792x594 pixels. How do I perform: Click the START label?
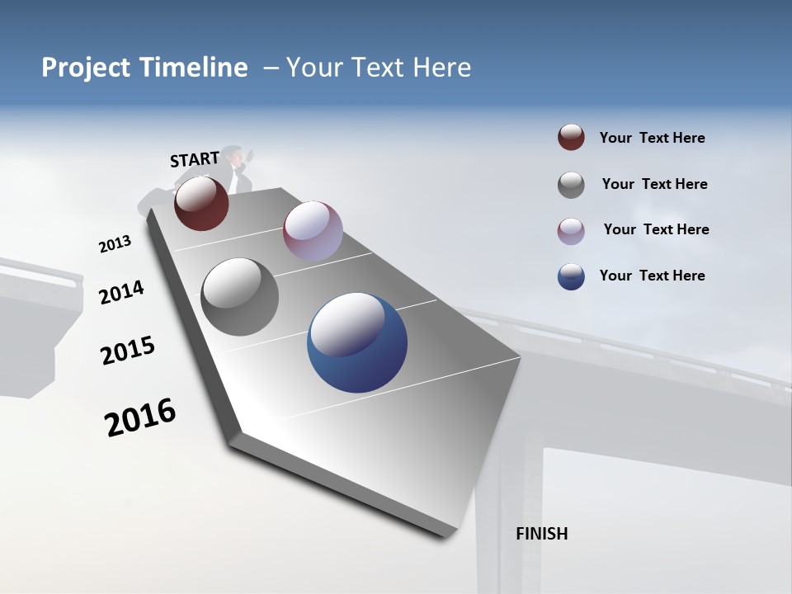pos(195,159)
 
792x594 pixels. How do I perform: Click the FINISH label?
pos(541,534)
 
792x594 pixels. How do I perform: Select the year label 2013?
pos(115,244)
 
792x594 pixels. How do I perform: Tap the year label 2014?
pos(121,293)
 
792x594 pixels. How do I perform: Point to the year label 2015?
pos(128,351)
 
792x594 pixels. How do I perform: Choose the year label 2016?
pos(140,417)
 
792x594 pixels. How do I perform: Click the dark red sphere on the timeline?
pos(201,203)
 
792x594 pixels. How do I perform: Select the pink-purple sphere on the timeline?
pos(313,231)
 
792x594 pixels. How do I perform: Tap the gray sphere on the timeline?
pos(239,297)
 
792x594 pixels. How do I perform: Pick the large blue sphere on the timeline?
pos(357,342)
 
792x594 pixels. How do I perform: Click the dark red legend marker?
pos(571,138)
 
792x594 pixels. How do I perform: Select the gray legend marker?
pos(571,185)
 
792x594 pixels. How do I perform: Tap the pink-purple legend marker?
pos(571,231)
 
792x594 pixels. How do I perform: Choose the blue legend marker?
pos(571,276)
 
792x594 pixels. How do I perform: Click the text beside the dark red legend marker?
pos(652,138)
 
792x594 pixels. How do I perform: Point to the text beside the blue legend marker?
pos(652,276)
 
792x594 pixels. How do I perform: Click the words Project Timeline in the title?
pos(144,68)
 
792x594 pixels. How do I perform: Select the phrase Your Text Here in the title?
pos(379,68)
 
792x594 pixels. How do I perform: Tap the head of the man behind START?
pos(235,154)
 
